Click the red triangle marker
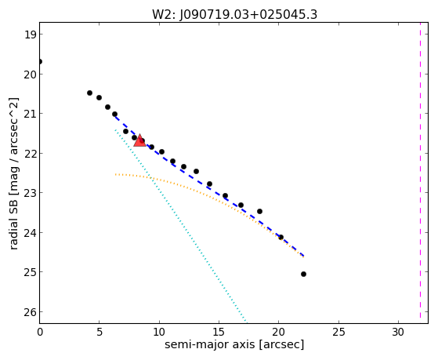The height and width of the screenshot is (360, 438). click(139, 140)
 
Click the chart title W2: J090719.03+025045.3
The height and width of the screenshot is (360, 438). click(234, 14)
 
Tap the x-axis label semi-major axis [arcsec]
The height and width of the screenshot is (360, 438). click(234, 344)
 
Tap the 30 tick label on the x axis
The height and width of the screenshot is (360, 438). click(398, 332)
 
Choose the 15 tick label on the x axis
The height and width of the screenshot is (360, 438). click(219, 332)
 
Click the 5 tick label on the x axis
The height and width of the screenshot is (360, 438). click(100, 332)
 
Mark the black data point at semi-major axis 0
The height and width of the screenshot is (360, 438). click(40, 61)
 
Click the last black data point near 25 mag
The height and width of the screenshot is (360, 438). click(304, 275)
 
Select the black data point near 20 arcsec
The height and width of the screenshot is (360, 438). click(281, 237)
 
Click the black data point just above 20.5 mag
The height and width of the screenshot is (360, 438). click(89, 93)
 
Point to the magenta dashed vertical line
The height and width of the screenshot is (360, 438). click(420, 173)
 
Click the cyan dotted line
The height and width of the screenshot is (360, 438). click(180, 225)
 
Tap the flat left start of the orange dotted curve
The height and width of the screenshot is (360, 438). click(116, 175)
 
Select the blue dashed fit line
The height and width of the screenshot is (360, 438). click(209, 186)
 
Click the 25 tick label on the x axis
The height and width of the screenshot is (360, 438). click(338, 332)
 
